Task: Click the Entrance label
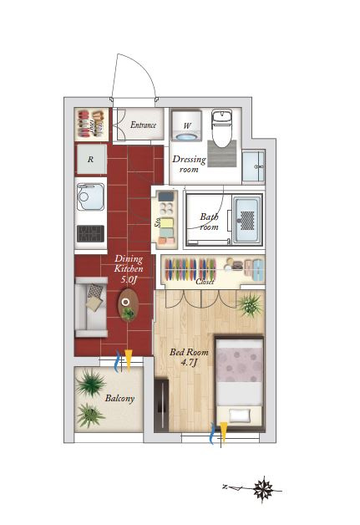pyautogui.click(x=143, y=125)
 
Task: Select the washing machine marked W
pyautogui.click(x=187, y=126)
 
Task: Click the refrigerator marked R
pyautogui.click(x=91, y=159)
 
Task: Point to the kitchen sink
pyautogui.click(x=90, y=196)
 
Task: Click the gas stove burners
pyautogui.click(x=90, y=233)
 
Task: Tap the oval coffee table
pyautogui.click(x=128, y=305)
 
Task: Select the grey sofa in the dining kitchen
pyautogui.click(x=91, y=307)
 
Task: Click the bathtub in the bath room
pyautogui.click(x=247, y=220)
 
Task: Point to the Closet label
pyautogui.click(x=205, y=282)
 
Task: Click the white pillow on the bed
pyautogui.click(x=240, y=415)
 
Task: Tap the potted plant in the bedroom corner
pyautogui.click(x=250, y=304)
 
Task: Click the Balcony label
pyautogui.click(x=119, y=398)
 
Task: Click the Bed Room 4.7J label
pyautogui.click(x=189, y=357)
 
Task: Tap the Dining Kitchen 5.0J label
pyautogui.click(x=129, y=269)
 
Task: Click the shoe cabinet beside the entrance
pyautogui.click(x=91, y=125)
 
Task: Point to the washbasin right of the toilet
pyautogui.click(x=253, y=166)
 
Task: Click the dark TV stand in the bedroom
pyautogui.click(x=161, y=405)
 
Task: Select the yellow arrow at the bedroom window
pyautogui.click(x=224, y=432)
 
